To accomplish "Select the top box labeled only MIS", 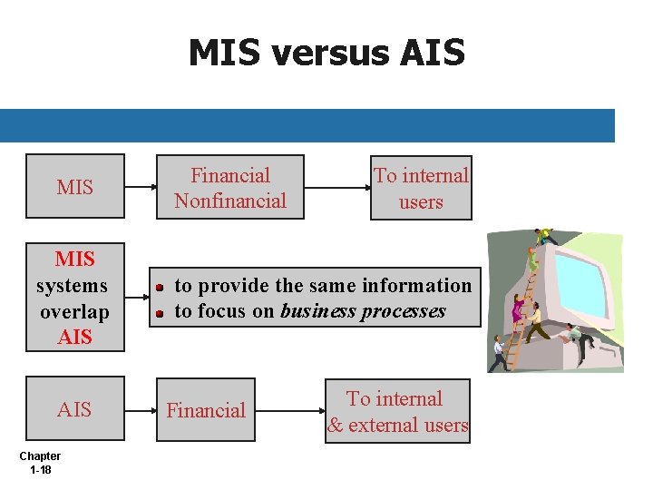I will (74, 187).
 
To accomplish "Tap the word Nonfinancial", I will (230, 201).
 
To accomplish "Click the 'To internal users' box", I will (421, 188).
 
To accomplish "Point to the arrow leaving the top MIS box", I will (141, 188).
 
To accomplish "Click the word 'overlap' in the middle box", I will (74, 311).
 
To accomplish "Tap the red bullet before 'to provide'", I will (158, 287).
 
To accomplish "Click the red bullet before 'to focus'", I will (158, 313).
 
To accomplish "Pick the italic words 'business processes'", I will (363, 311).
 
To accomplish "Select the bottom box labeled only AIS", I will (74, 410).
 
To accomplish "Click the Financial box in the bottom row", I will (206, 410).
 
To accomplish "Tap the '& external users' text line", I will (398, 425).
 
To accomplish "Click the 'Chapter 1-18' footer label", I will (40, 463).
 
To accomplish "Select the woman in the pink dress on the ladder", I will (518, 309).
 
